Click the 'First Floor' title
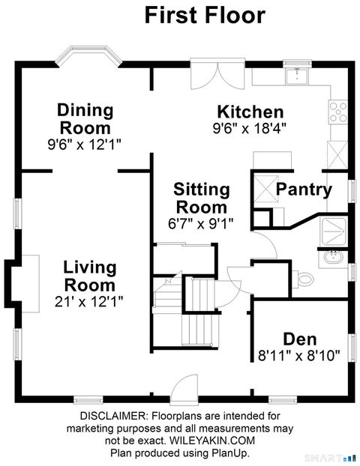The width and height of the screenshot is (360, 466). pyautogui.click(x=205, y=14)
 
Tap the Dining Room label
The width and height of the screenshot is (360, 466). pyautogui.click(x=85, y=118)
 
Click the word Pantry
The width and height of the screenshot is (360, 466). pyautogui.click(x=304, y=190)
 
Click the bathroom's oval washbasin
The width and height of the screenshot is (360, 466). pyautogui.click(x=331, y=258)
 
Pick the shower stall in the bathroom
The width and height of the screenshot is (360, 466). pyautogui.click(x=333, y=231)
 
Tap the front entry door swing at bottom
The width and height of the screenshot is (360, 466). pyautogui.click(x=183, y=390)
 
